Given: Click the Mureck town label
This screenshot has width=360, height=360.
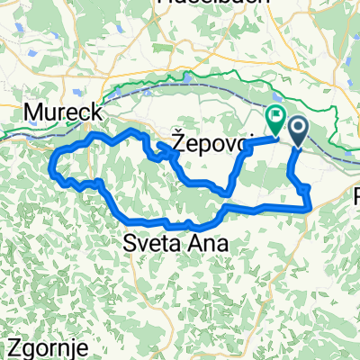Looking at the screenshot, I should [62, 112].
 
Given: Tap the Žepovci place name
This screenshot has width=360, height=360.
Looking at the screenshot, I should [207, 141].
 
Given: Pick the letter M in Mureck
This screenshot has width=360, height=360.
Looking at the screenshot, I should [33, 112].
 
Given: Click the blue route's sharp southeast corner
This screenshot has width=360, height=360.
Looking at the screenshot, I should [310, 207].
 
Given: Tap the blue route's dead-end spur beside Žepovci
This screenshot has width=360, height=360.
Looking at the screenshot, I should [159, 144].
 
